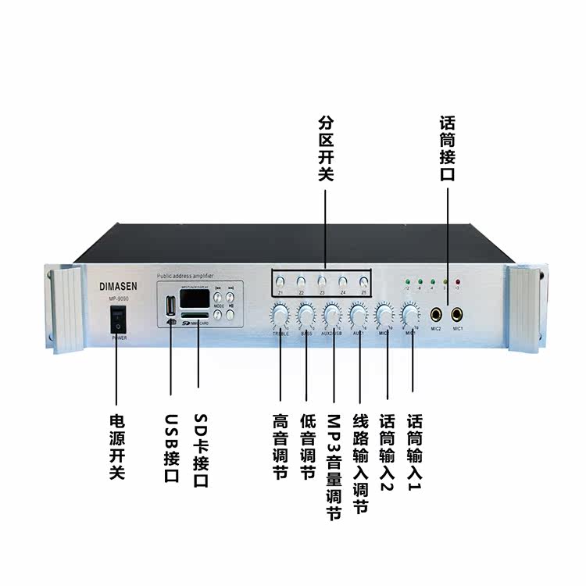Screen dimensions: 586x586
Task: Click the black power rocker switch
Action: (x=117, y=317)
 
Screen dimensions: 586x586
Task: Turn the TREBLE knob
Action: (x=280, y=316)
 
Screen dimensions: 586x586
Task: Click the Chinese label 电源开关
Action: (x=117, y=446)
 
